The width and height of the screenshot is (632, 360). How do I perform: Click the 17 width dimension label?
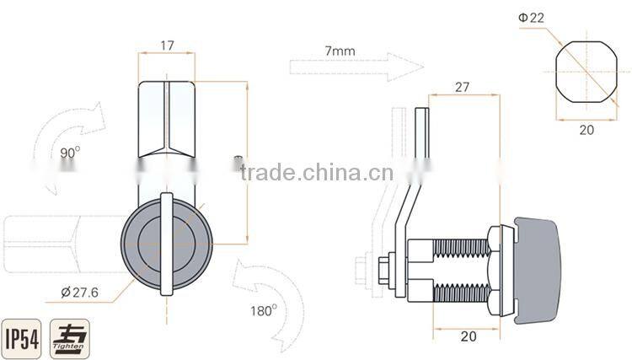(x=167, y=46)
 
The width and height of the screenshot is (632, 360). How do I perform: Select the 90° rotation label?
(x=70, y=153)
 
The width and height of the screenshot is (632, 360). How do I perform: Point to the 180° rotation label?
(x=263, y=309)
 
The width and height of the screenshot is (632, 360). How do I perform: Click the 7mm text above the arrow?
(x=340, y=51)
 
